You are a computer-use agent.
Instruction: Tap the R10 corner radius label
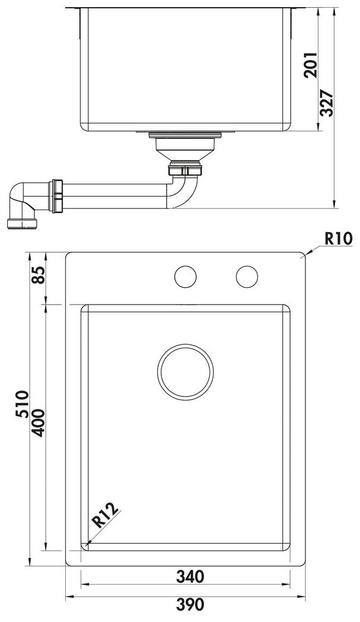338,239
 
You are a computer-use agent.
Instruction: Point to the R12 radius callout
107,516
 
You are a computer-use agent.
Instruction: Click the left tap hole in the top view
186,277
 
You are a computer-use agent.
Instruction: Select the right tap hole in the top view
247,277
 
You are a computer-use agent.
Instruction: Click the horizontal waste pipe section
113,196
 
